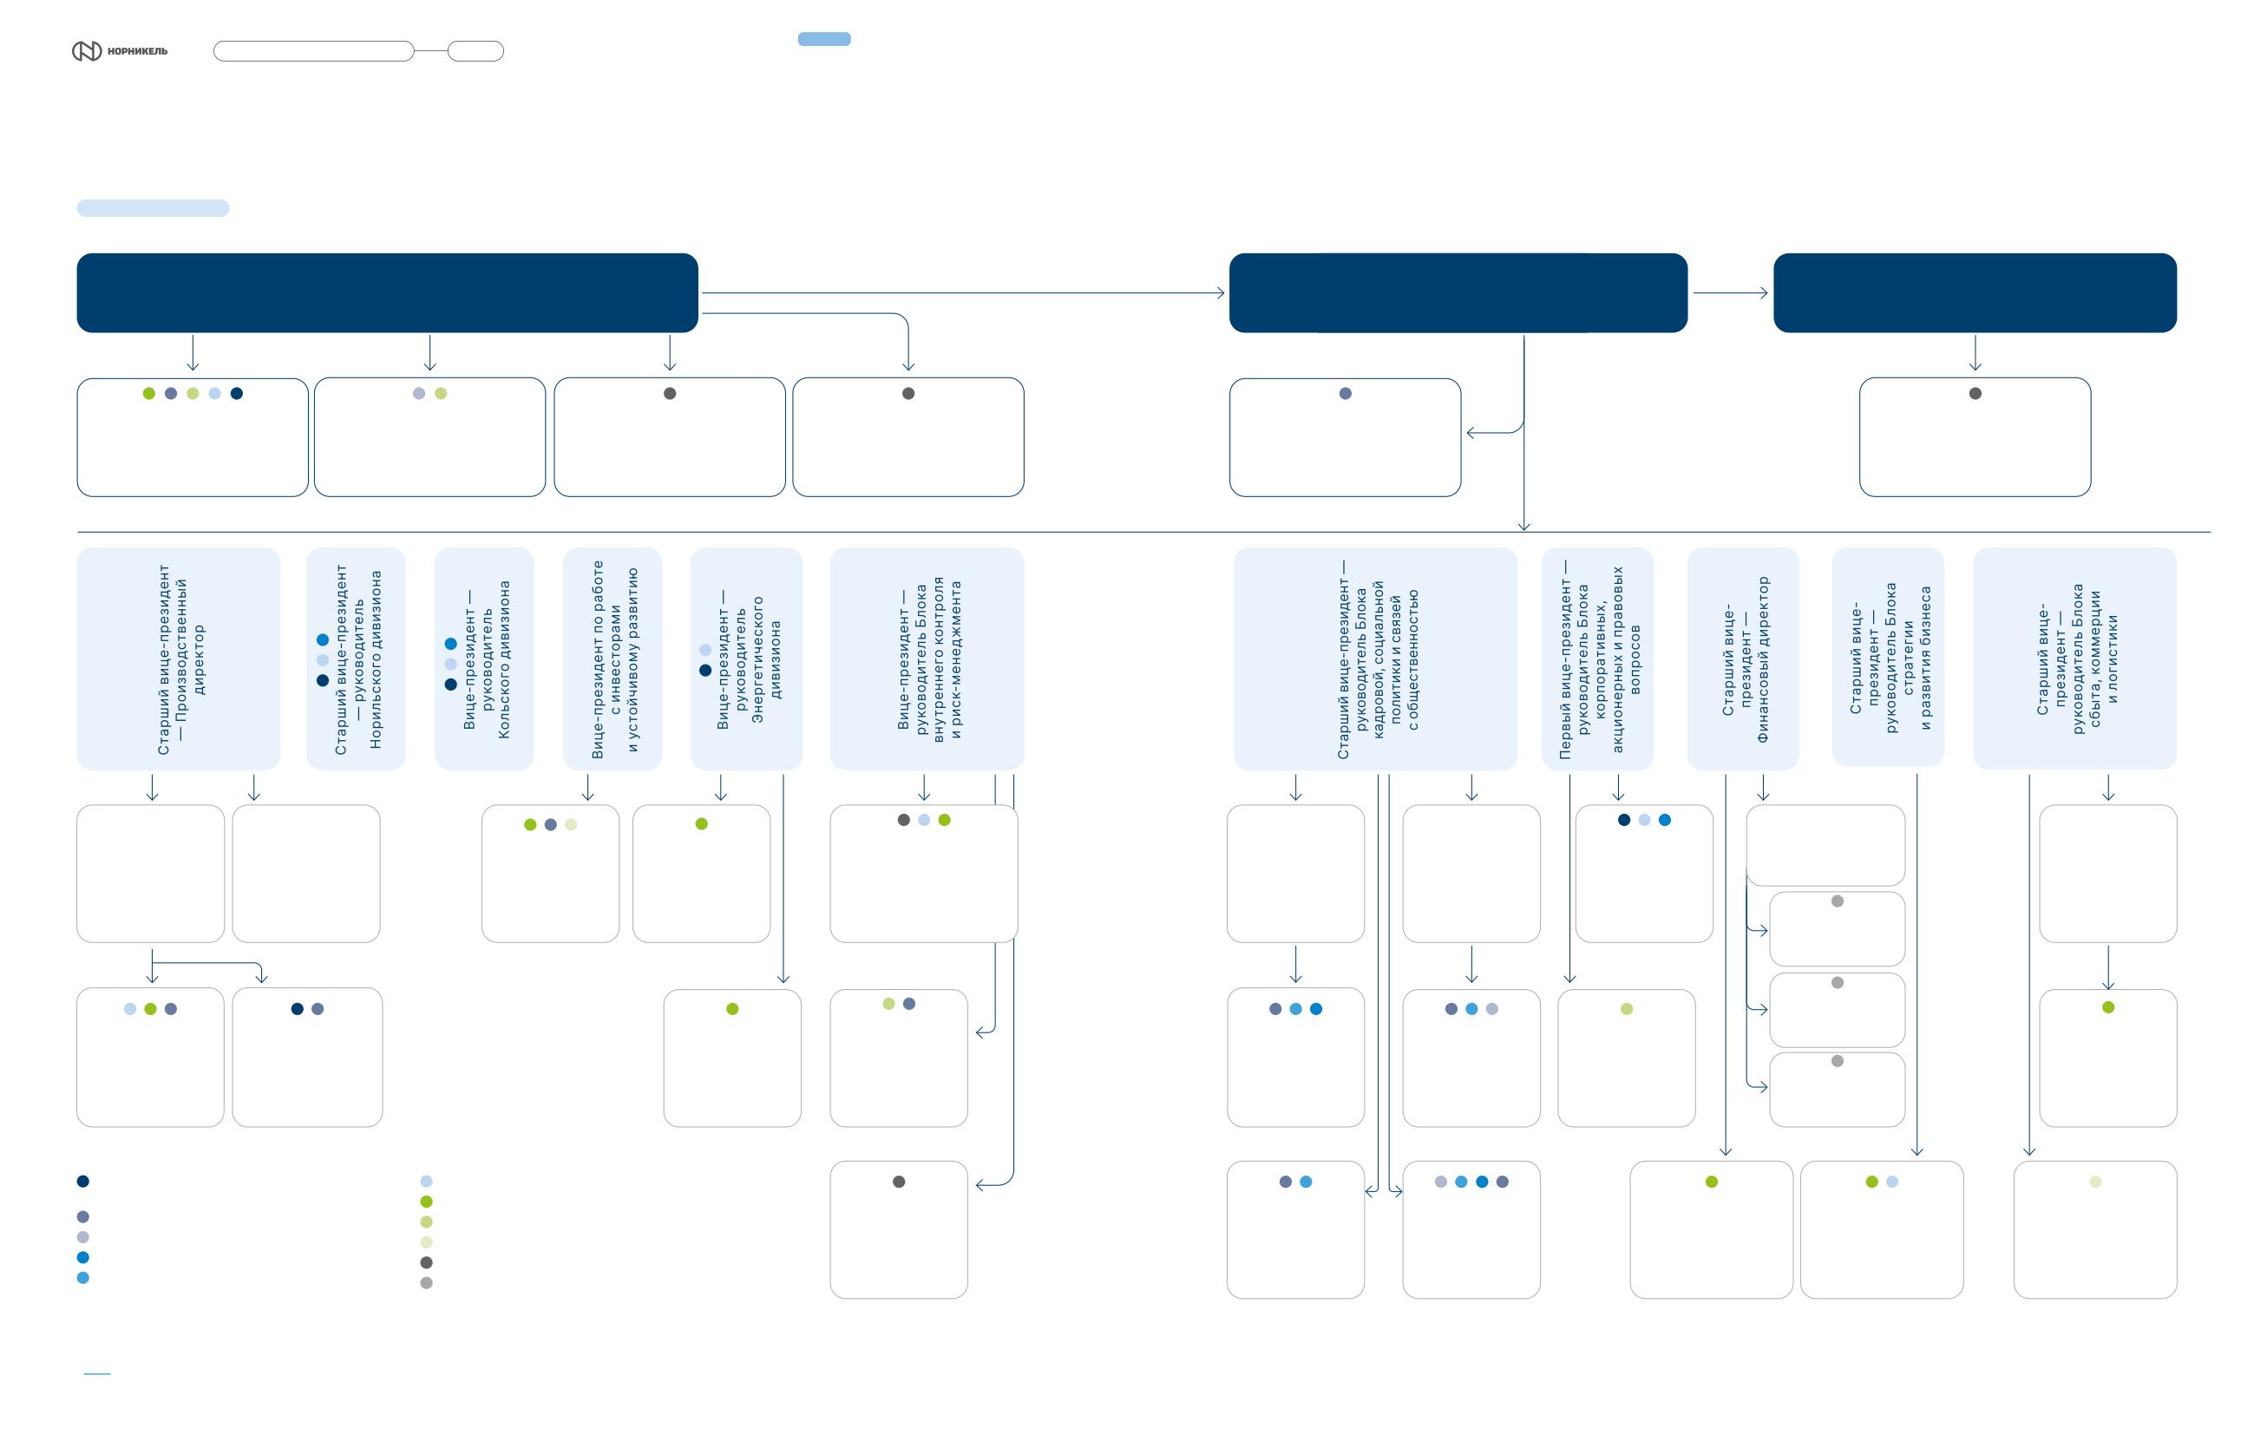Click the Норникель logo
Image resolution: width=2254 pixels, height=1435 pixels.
click(120, 50)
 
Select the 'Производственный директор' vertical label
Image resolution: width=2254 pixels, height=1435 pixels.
click(180, 659)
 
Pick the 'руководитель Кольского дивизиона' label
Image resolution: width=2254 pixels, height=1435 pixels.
click(486, 659)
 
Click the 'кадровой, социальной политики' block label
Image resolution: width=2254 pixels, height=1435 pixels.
click(1378, 659)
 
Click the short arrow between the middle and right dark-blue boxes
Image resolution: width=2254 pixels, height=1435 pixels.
click(1730, 293)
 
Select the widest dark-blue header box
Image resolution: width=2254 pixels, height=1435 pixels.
click(388, 293)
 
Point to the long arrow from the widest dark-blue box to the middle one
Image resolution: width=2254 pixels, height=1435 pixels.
click(963, 293)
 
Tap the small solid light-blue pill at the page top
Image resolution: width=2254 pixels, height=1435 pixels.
click(823, 38)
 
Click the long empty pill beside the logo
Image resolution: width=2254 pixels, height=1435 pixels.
click(313, 50)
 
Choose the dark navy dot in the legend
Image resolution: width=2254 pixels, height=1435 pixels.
click(83, 1182)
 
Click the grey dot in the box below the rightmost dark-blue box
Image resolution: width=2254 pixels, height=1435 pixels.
click(1975, 393)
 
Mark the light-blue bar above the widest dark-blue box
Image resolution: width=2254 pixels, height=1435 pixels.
click(153, 208)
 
